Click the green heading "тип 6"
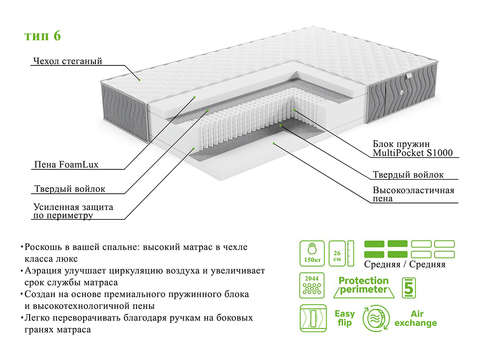(42, 36)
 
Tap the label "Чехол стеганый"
(67, 61)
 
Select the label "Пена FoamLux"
(66, 165)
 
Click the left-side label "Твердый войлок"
(69, 189)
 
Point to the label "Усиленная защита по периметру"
(73, 211)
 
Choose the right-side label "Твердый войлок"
(408, 175)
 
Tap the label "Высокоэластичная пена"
(413, 195)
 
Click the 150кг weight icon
(312, 253)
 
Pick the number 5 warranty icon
(409, 287)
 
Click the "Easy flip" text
(345, 318)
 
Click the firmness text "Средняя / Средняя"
(405, 264)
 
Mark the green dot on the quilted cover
(139, 80)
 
